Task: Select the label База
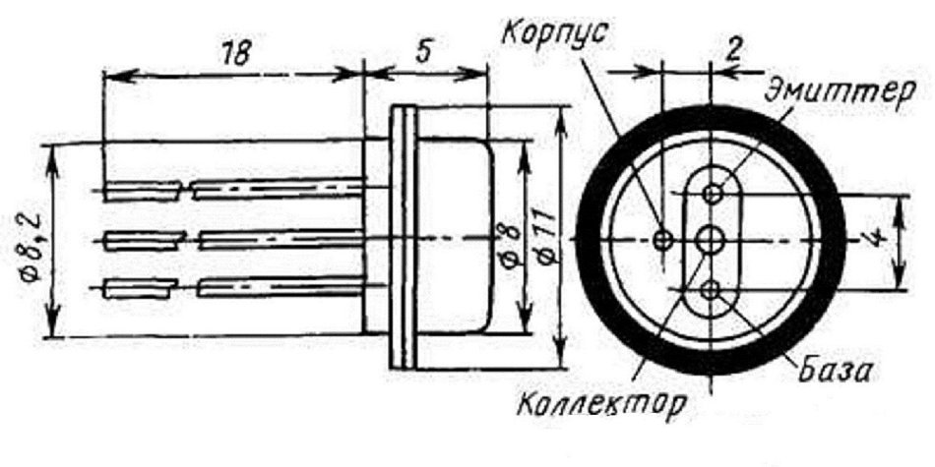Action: pos(835,370)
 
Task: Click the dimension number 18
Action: pos(235,54)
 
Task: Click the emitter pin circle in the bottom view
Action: pos(711,193)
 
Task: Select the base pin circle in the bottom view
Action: pos(710,291)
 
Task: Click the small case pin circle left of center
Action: pos(662,240)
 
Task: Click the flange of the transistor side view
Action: pos(403,238)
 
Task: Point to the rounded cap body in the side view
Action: pos(455,237)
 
